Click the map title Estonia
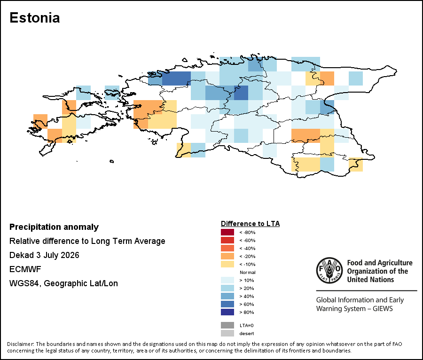(x=34, y=18)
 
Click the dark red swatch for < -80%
(x=227, y=232)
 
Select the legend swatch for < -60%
(x=227, y=240)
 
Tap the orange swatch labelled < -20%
(x=227, y=256)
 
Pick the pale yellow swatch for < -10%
(x=227, y=264)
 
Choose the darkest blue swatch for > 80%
(x=227, y=312)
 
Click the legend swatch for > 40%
(x=227, y=296)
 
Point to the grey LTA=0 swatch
(x=227, y=325)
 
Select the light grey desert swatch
(x=227, y=333)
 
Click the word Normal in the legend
(x=247, y=273)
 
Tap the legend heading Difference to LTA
(x=250, y=224)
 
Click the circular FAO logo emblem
(x=329, y=270)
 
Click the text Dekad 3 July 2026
(x=44, y=255)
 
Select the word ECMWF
(x=25, y=269)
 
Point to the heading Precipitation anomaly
(x=54, y=227)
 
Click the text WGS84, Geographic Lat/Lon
(x=63, y=283)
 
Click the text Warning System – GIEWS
(x=354, y=308)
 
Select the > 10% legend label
(x=247, y=280)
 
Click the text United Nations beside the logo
(x=370, y=280)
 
